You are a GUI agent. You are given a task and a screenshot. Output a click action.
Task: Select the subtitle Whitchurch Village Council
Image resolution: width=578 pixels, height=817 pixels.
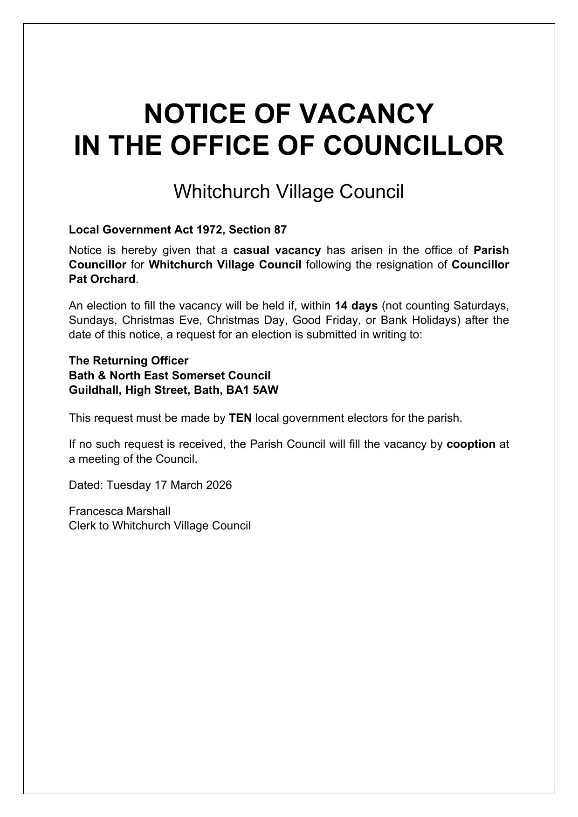coord(289,192)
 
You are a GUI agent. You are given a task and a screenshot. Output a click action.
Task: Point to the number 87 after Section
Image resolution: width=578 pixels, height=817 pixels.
coord(281,230)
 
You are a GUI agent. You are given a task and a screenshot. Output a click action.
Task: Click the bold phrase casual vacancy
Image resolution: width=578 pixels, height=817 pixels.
coord(277,250)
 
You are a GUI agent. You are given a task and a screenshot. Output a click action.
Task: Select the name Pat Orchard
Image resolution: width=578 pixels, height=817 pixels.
coord(102,280)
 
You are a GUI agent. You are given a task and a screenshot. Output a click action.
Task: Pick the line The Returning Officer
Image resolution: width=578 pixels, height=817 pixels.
coord(129,361)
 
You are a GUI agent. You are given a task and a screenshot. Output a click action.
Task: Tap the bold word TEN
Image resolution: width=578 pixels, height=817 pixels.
coord(241,418)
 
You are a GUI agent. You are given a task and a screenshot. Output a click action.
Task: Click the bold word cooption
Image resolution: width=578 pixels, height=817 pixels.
coord(471,444)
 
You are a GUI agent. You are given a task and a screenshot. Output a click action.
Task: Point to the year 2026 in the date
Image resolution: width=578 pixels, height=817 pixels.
coord(219,485)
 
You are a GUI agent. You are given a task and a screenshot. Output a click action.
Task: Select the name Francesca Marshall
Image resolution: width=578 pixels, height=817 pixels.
coord(120,511)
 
